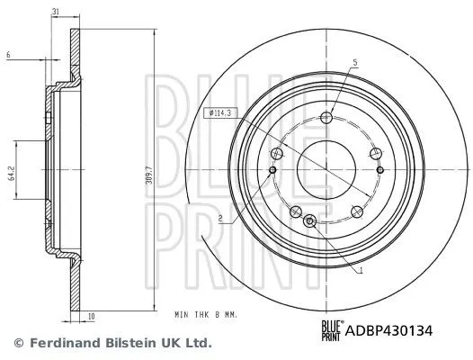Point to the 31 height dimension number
click(56, 12)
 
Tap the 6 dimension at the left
click(8, 55)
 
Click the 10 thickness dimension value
click(92, 317)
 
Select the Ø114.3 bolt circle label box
click(220, 113)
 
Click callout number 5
click(355, 62)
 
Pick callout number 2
click(220, 218)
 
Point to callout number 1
click(361, 271)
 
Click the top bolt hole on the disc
click(326, 117)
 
